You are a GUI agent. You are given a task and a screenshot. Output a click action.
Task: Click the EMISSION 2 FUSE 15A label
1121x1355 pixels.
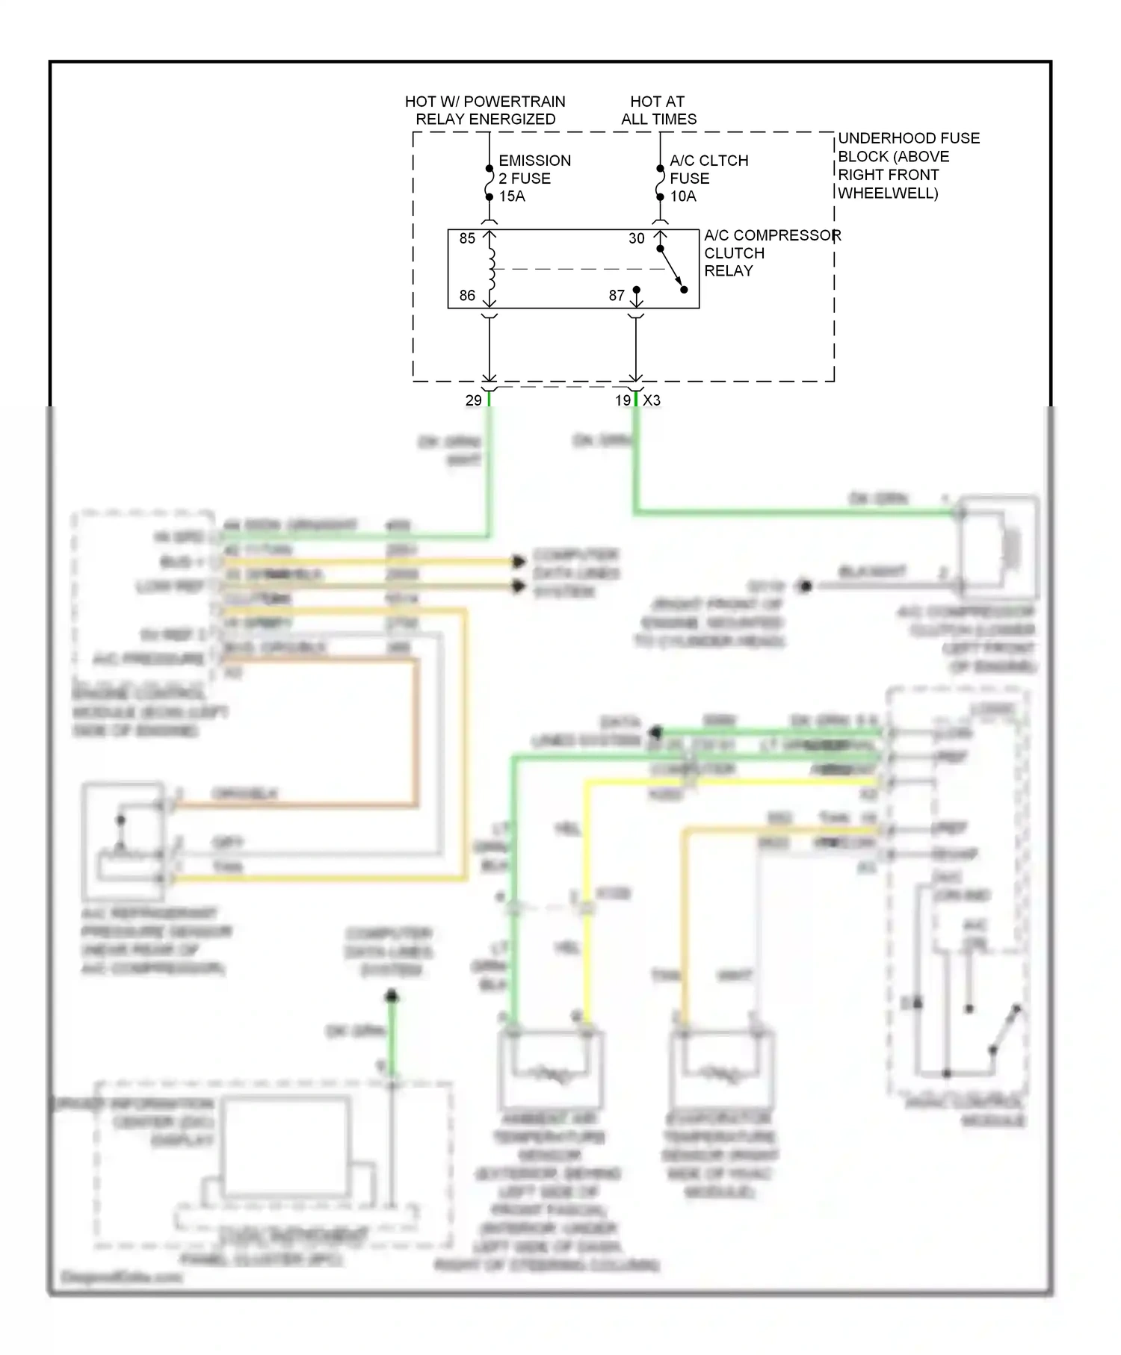tap(534, 179)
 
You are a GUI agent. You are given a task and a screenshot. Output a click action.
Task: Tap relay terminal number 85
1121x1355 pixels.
tap(467, 238)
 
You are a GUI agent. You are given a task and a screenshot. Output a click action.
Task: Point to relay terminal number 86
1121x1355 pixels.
tap(467, 296)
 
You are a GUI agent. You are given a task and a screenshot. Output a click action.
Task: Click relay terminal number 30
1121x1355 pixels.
tap(636, 238)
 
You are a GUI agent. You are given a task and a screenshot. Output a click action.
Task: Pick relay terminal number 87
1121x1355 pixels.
tap(617, 296)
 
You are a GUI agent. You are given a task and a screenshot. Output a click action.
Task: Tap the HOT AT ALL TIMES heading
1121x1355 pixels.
tap(658, 111)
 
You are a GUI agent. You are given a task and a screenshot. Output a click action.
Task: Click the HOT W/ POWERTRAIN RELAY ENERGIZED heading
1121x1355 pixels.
tap(485, 111)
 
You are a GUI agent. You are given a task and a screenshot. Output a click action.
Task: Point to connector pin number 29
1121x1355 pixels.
tap(473, 401)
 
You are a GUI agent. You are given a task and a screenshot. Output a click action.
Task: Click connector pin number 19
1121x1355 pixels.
tap(623, 401)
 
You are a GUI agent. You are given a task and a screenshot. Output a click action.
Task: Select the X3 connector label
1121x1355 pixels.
tap(652, 401)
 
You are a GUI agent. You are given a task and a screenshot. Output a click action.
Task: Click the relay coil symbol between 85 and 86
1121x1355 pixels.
tap(491, 269)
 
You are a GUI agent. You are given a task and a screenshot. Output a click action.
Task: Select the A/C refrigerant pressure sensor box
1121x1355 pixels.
tap(123, 840)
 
